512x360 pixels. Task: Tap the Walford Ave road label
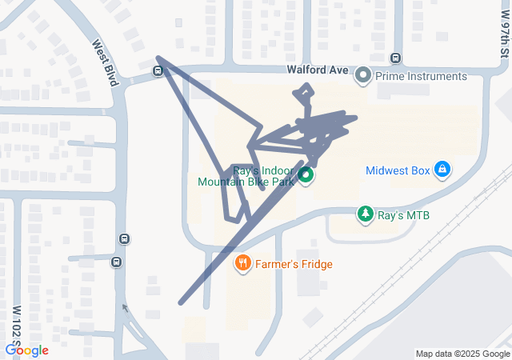(318, 70)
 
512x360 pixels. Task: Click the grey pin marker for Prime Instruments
(363, 76)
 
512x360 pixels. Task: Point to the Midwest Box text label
(397, 170)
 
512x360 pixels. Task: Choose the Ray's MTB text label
(403, 214)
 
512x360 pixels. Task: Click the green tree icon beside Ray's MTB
(365, 214)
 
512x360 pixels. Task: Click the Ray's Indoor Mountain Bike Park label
(248, 176)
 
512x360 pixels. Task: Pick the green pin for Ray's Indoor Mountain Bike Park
(306, 176)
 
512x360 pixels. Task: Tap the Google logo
(26, 350)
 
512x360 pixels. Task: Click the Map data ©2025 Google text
(462, 354)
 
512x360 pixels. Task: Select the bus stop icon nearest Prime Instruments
(395, 58)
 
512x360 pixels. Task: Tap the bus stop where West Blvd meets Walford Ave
(158, 71)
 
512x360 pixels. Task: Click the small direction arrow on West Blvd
(124, 308)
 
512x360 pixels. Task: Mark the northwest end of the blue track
(158, 58)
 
